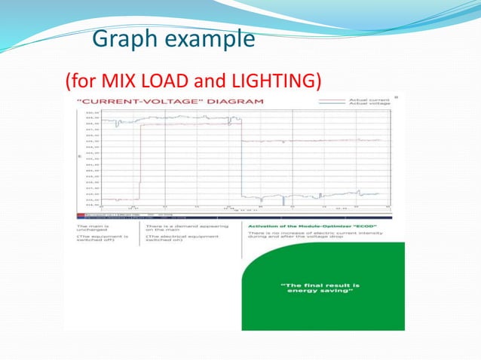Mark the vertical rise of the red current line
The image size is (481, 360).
(139, 162)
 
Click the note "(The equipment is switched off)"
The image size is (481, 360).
(97, 241)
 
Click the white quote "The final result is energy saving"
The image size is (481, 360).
(320, 287)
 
